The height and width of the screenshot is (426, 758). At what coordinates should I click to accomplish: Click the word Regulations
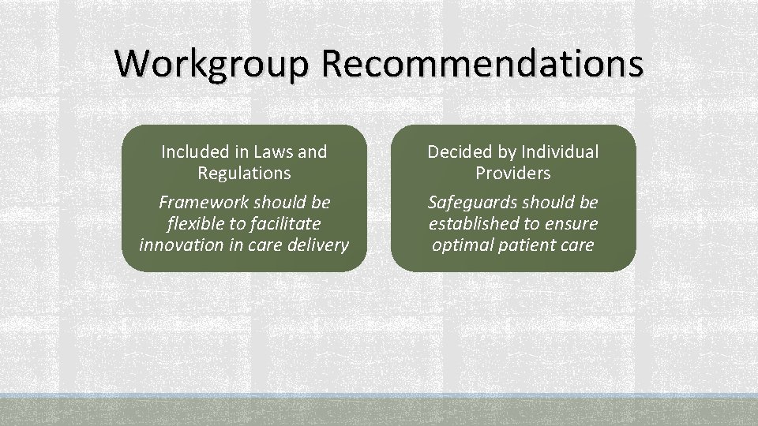[x=244, y=172]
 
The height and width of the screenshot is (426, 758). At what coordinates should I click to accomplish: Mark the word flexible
[x=195, y=223]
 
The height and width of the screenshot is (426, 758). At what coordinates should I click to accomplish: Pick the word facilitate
[x=286, y=223]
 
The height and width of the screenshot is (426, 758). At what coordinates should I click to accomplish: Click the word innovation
[x=178, y=245]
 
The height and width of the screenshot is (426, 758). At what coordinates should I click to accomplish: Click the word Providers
[x=513, y=172]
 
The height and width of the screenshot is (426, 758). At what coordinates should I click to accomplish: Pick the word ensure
[x=572, y=223]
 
